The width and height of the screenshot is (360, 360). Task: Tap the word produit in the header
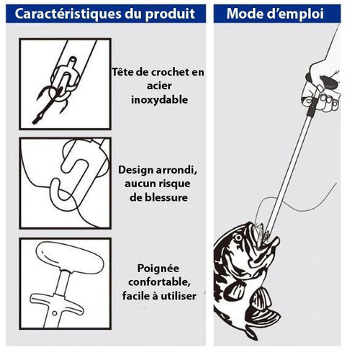170,14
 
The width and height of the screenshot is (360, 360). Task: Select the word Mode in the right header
245,14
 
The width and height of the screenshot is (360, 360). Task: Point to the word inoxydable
159,99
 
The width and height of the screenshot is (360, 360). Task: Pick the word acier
159,86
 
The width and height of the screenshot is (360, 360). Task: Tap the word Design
136,171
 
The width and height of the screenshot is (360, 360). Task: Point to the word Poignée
158,269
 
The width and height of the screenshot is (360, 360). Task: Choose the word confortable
159,282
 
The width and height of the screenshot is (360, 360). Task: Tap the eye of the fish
238,238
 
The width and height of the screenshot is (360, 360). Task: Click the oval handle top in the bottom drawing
70,258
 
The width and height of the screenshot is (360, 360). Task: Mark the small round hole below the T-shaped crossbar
55,313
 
